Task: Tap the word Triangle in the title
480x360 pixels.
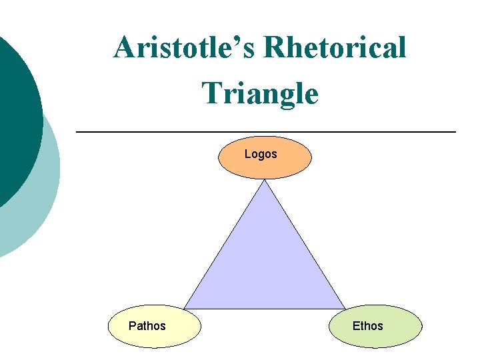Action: (260, 93)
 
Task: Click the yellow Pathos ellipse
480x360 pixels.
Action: (155, 337)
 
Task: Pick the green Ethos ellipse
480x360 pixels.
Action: (375, 337)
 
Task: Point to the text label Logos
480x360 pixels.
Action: (261, 154)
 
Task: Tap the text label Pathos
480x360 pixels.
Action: (147, 326)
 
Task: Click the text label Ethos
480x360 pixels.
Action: (368, 326)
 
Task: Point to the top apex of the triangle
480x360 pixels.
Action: (265, 181)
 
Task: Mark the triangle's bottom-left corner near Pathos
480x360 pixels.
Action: (185, 308)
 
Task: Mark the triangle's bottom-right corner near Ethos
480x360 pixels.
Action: (345, 308)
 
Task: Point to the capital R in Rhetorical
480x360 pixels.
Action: (275, 48)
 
